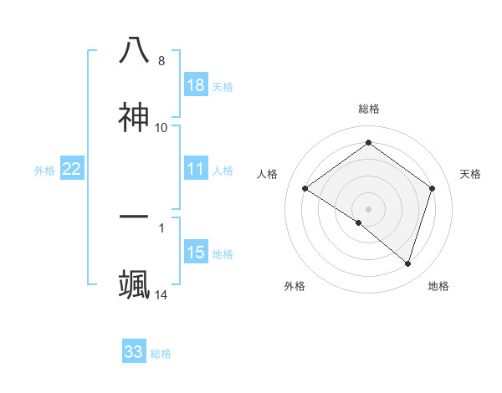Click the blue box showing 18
click(x=196, y=85)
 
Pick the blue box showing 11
click(x=196, y=169)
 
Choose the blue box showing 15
click(x=196, y=253)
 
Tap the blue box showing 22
click(x=72, y=169)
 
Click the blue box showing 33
click(x=134, y=352)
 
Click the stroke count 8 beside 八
click(x=161, y=61)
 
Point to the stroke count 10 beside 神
click(x=161, y=128)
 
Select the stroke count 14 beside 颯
click(x=161, y=295)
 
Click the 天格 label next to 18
click(x=223, y=86)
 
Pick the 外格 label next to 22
click(x=44, y=171)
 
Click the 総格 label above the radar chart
click(x=369, y=109)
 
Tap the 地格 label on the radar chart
click(x=438, y=286)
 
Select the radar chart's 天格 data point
click(x=433, y=188)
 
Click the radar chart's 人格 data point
click(x=305, y=188)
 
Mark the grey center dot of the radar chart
click(x=369, y=208)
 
